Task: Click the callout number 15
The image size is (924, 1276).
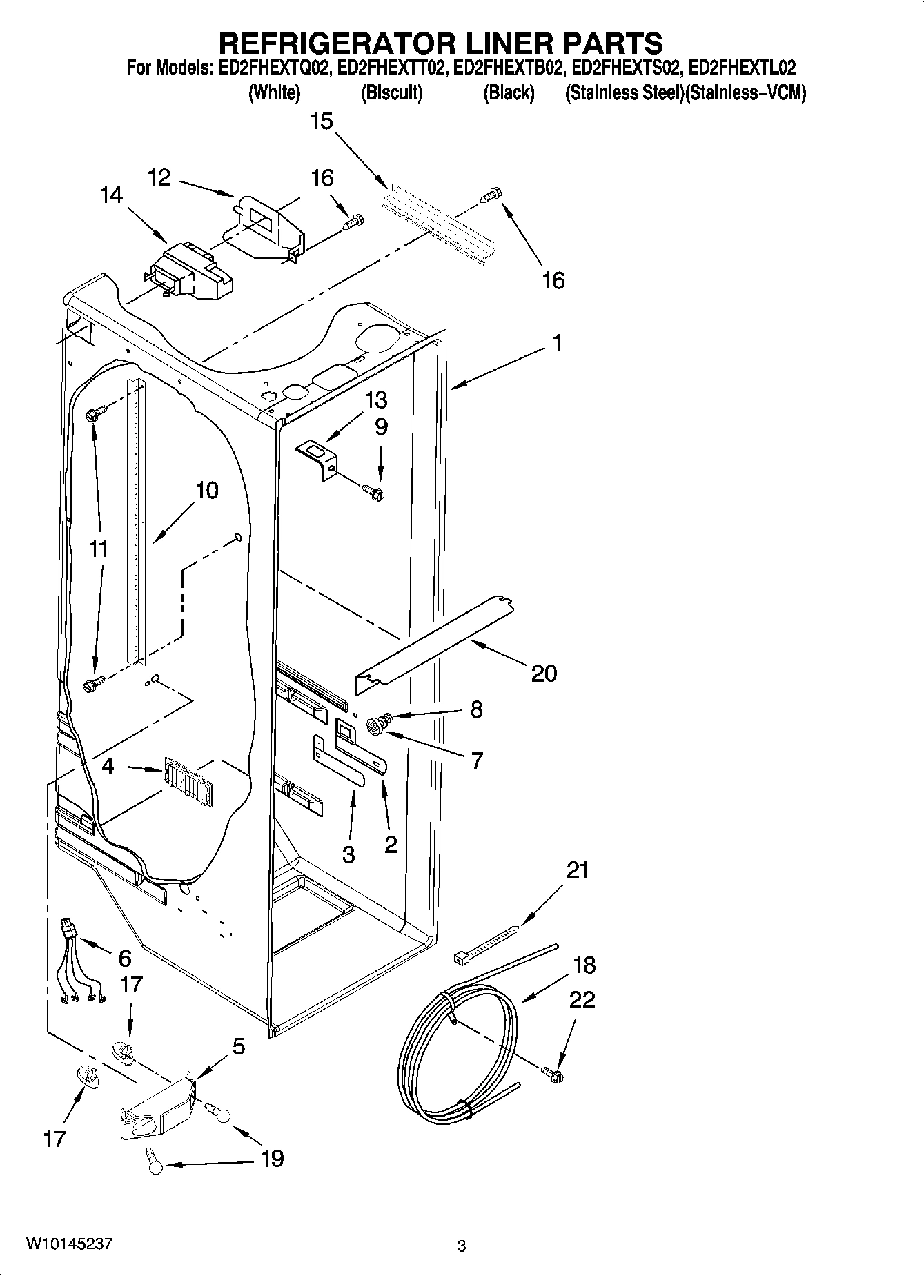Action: pos(322,121)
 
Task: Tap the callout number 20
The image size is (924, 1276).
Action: pos(544,673)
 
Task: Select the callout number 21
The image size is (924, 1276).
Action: pos(578,870)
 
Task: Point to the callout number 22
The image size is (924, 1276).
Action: pos(582,1000)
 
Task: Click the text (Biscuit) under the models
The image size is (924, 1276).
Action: pos(391,92)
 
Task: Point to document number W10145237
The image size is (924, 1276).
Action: pos(68,1244)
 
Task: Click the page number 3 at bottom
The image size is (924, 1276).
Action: pos(461,1246)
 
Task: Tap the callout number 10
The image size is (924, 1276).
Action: pos(206,491)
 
